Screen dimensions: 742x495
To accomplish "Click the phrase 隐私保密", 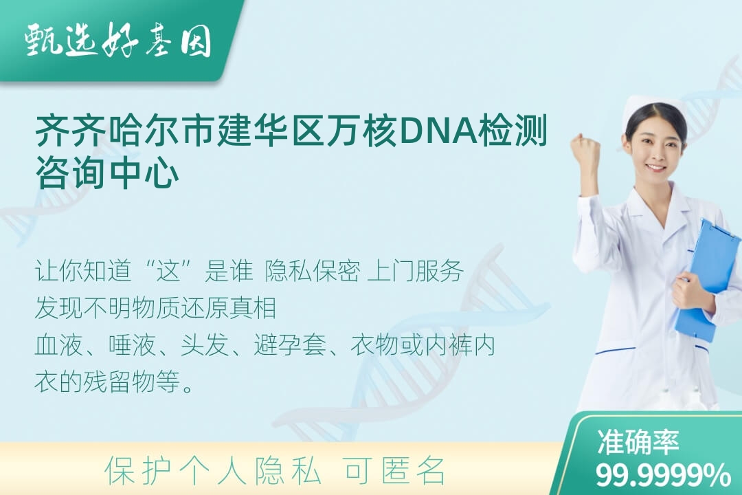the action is pos(313,272).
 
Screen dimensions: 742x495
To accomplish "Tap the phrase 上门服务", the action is pos(415,272).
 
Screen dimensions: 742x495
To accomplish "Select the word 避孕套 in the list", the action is pos(290,345).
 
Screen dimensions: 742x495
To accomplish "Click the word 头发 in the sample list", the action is pos(205,345).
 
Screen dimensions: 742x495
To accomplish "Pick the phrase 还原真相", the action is pos(229,308).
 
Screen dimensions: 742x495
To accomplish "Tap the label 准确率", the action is pos(638,441).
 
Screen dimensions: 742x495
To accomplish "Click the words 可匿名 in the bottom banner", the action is pos(394,471).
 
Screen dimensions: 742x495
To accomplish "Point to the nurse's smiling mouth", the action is pos(656,168).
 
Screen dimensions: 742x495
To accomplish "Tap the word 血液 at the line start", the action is pos(58,345).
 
